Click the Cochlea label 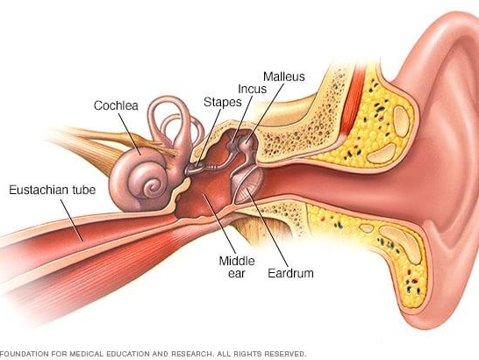click(x=116, y=105)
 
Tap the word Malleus click(x=284, y=76)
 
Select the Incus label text click(x=252, y=89)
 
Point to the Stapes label click(x=223, y=102)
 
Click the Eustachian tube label click(x=53, y=190)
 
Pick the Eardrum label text click(x=290, y=273)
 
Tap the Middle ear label click(x=237, y=267)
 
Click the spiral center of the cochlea click(x=152, y=185)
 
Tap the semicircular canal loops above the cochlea click(x=174, y=122)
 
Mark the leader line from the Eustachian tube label click(x=71, y=220)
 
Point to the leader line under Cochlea click(x=130, y=133)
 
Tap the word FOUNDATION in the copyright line click(x=25, y=354)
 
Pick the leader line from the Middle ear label click(x=219, y=223)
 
